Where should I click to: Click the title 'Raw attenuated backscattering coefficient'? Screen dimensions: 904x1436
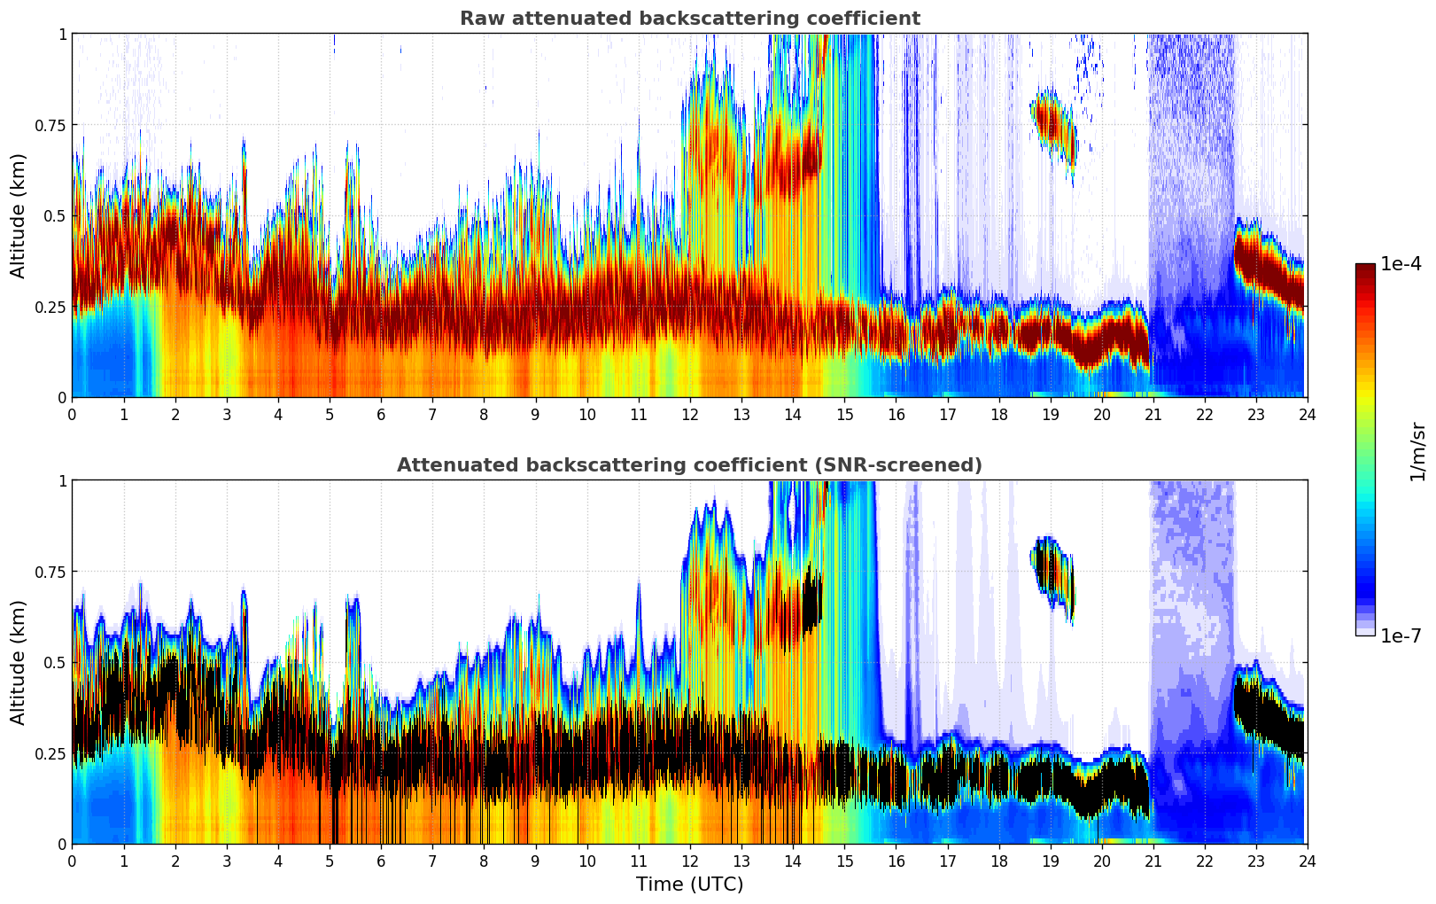click(689, 19)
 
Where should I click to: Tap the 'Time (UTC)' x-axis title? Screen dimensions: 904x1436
click(689, 885)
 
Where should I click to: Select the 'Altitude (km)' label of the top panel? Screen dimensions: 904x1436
click(19, 215)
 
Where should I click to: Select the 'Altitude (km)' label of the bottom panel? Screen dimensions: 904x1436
click(19, 662)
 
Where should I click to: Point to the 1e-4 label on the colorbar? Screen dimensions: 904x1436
click(1401, 264)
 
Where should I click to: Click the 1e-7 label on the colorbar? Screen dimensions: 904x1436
click(1401, 635)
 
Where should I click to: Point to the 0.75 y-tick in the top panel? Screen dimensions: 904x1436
click(50, 125)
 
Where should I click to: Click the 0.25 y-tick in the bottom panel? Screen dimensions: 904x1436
click(50, 753)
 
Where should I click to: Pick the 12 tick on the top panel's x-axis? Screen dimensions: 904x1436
click(689, 414)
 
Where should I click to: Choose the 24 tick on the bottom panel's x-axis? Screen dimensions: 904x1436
click(1307, 861)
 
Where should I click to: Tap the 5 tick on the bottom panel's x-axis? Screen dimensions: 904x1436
click(330, 861)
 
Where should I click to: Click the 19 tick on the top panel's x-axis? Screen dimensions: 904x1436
click(1050, 414)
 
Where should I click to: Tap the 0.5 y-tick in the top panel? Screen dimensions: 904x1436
click(55, 215)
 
